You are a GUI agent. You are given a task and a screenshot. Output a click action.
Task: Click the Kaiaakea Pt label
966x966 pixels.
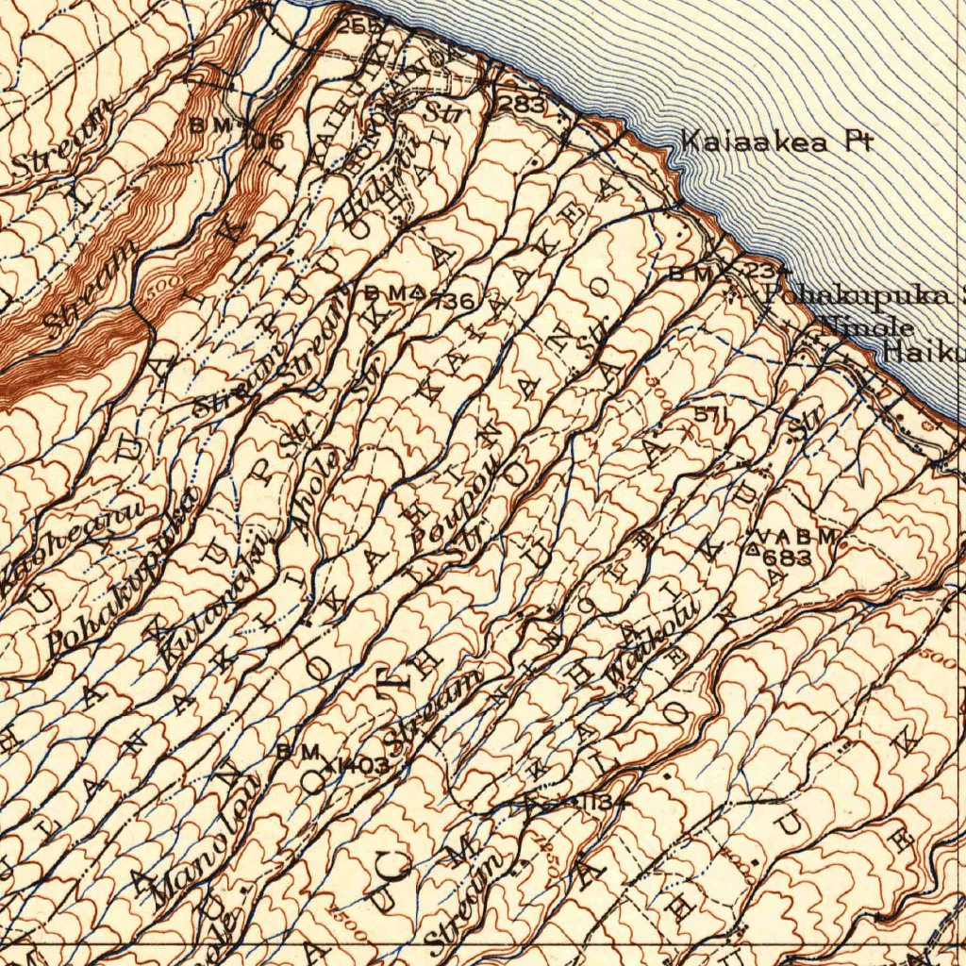pyautogui.click(x=776, y=143)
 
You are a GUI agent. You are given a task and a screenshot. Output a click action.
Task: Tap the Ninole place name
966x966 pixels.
pyautogui.click(x=868, y=327)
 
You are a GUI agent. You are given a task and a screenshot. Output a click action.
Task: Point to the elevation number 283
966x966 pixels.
pyautogui.click(x=521, y=105)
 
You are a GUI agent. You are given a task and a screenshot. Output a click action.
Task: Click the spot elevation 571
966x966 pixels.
pyautogui.click(x=711, y=414)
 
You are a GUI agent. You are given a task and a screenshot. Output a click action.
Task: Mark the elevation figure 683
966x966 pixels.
pyautogui.click(x=789, y=558)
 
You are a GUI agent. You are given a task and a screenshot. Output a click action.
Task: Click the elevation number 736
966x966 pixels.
pyautogui.click(x=453, y=301)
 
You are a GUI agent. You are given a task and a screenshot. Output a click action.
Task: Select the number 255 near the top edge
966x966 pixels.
pyautogui.click(x=358, y=25)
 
